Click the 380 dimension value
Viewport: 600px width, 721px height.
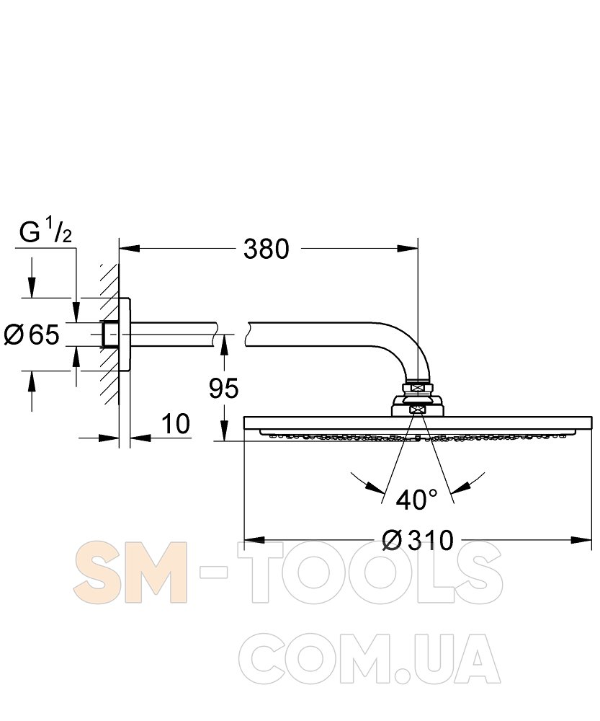point(267,249)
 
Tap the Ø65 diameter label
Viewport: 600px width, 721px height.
point(32,335)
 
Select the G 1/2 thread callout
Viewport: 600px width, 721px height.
point(46,233)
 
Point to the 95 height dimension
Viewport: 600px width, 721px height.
point(224,389)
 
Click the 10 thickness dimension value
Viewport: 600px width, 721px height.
point(176,423)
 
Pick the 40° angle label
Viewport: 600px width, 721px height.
point(417,500)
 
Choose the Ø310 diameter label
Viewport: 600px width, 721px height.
point(418,540)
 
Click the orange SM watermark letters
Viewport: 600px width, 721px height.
point(130,572)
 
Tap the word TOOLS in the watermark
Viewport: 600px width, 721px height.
point(370,572)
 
